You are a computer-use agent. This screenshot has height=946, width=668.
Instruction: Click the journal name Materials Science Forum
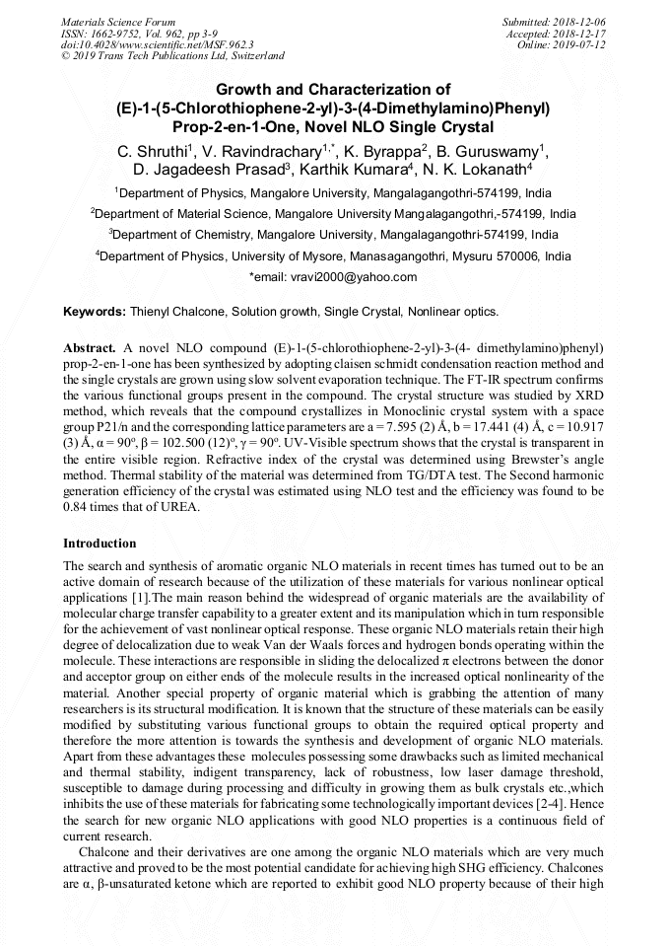[118, 21]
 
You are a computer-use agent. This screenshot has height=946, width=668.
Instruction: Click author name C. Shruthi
[154, 150]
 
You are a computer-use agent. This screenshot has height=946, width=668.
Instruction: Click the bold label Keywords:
[95, 312]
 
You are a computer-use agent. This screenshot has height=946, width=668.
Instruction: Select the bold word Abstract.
[90, 350]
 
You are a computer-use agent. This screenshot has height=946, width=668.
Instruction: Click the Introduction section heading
[100, 544]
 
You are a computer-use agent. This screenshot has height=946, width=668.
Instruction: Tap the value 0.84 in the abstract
[78, 508]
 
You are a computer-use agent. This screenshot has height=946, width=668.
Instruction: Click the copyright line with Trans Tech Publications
[172, 56]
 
